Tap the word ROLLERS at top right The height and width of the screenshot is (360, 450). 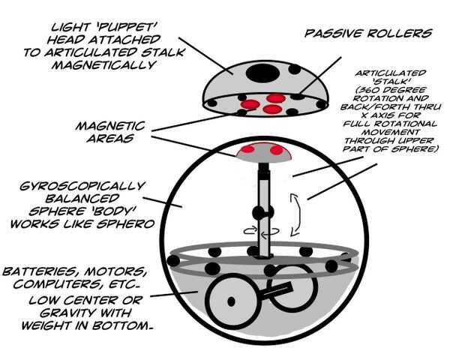click(400, 34)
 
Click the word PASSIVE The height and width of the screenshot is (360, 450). click(334, 34)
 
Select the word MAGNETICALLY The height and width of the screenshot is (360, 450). click(104, 65)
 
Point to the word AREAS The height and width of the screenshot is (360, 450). click(110, 139)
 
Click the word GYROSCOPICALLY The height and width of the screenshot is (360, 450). click(82, 186)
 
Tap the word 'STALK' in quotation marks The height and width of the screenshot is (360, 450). click(390, 82)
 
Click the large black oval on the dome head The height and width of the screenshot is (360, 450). click(262, 73)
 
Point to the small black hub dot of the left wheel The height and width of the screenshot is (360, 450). click(231, 301)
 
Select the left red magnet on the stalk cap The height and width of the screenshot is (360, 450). click(247, 149)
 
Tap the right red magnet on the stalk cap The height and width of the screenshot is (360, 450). click(277, 150)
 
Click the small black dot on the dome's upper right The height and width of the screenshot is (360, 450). click(295, 70)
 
